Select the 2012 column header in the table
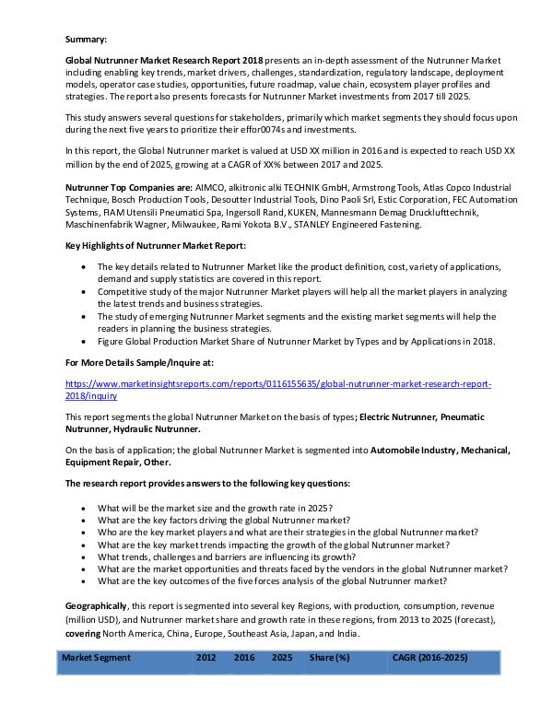point(206,657)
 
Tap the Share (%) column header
point(329,657)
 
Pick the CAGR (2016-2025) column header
point(429,657)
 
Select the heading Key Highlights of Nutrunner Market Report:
point(156,247)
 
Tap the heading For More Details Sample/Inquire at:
point(139,364)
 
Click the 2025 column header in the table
point(282,657)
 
